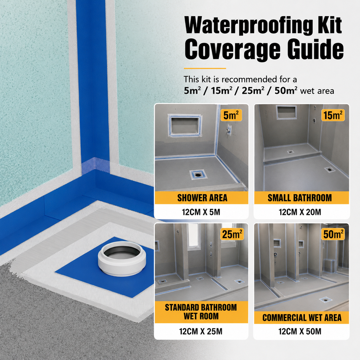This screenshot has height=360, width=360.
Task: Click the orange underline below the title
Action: (205, 68)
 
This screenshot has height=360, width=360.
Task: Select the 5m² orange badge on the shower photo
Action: (231, 115)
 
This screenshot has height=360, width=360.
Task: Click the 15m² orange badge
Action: (333, 115)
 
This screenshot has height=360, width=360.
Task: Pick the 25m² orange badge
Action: (232, 234)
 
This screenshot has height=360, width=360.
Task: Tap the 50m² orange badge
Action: (333, 234)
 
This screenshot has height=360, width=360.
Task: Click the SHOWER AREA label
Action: (202, 198)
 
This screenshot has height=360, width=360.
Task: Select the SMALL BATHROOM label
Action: (300, 198)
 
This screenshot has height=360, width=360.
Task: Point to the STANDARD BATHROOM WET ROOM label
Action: (201, 312)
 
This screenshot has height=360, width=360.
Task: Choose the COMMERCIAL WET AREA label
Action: (302, 318)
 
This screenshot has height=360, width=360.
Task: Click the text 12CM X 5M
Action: (201, 212)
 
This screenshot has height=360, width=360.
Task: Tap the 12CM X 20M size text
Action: (300, 212)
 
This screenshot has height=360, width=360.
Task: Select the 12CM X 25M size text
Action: (201, 331)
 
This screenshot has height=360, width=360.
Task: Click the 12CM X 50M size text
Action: (300, 331)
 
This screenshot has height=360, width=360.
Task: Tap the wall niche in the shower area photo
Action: (185, 125)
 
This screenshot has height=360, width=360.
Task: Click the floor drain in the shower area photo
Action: (198, 175)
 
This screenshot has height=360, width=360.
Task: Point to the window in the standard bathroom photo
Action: (193, 236)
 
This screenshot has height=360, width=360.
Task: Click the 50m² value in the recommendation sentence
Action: (286, 91)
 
